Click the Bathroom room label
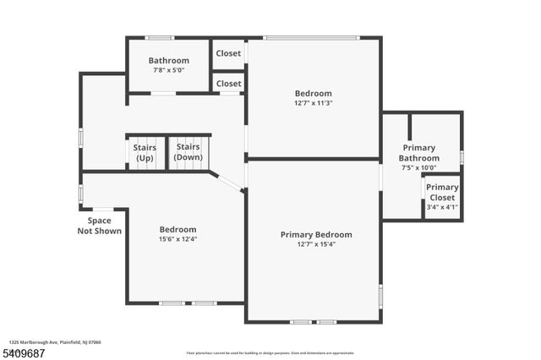coord(169,60)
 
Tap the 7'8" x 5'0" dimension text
coord(169,70)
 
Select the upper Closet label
coord(228,53)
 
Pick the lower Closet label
coord(228,84)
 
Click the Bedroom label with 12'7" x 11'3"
coord(313,93)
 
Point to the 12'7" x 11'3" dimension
coord(313,103)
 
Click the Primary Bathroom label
coord(419,153)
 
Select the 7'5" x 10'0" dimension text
coord(419,168)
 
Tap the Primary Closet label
coord(442,193)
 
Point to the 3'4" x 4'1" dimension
coord(442,207)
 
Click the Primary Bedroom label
coord(316,234)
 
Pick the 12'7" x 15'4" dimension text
coord(316,245)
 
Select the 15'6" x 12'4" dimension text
coord(178,239)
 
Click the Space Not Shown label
coord(100,226)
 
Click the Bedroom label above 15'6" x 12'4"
coord(178,229)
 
